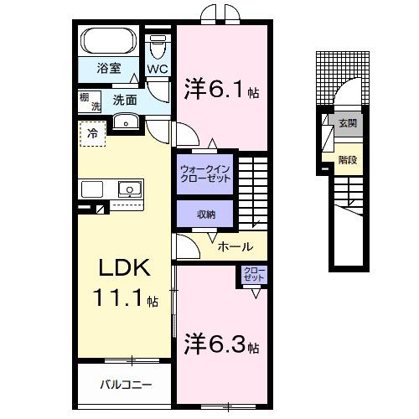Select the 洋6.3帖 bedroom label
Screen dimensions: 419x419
point(220,345)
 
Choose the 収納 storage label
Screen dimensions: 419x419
point(206,215)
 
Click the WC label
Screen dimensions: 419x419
point(157,69)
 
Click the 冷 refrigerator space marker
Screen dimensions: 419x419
point(93,133)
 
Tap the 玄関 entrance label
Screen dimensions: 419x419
point(347,122)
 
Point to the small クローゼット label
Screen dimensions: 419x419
point(252,275)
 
